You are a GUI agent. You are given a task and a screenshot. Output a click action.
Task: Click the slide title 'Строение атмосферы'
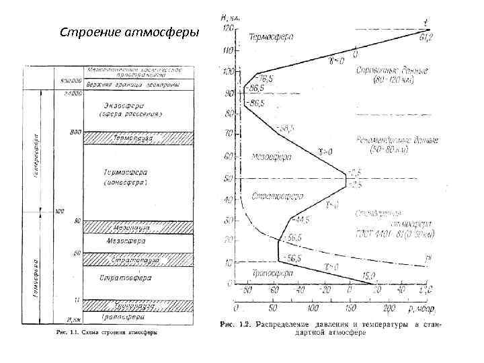pyautogui.click(x=130, y=32)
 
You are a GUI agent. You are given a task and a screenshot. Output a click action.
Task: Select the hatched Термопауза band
pyautogui.click(x=138, y=138)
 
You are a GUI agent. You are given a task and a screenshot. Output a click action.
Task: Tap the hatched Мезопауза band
pyautogui.click(x=138, y=227)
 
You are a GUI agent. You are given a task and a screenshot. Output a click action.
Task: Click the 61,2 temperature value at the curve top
pyautogui.click(x=426, y=36)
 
